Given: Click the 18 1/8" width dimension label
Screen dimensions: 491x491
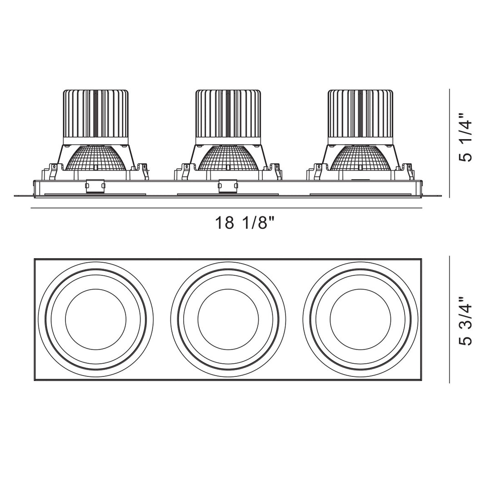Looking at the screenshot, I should click(245, 223).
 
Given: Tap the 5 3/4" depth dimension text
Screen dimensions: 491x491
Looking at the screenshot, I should click(466, 321).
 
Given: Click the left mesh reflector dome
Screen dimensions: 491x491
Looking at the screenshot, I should click(95, 159).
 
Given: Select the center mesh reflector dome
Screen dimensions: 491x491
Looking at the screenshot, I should click(228, 159).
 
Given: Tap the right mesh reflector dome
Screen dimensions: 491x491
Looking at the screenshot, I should click(360, 159).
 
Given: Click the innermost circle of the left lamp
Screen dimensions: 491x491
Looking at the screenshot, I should click(95, 319).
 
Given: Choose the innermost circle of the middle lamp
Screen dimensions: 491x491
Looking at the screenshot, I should click(228, 319).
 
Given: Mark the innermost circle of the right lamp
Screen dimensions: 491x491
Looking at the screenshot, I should click(360, 319).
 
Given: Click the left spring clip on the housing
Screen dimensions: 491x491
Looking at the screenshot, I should click(95, 186).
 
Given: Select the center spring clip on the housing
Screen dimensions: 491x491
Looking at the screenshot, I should click(228, 186).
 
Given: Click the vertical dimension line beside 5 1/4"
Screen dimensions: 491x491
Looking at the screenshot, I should click(450, 143).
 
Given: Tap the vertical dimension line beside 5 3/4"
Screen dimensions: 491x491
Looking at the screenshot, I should click(450, 319).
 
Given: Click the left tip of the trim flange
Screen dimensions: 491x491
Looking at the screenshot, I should click(15, 196).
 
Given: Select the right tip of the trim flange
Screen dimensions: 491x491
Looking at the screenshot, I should click(440, 196).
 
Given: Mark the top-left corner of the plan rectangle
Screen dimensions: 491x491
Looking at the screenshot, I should click(35, 260).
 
